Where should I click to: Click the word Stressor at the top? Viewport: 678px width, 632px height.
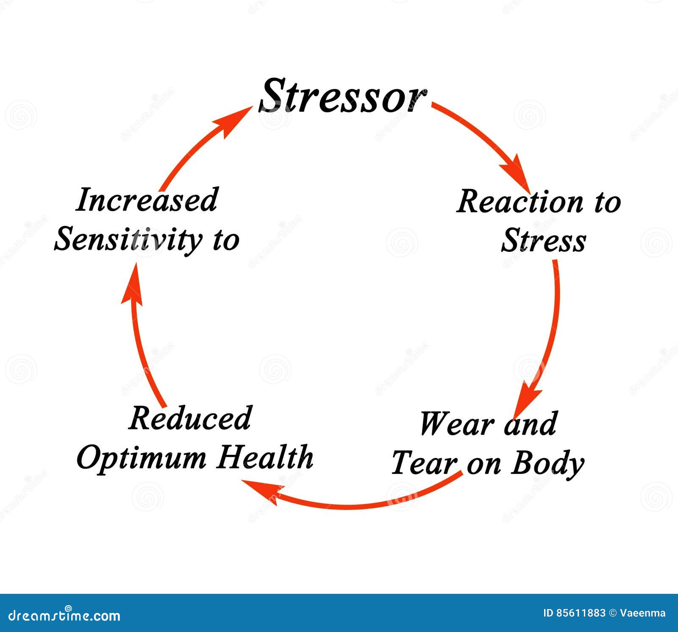342,96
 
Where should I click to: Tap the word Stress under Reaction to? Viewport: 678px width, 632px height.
544,240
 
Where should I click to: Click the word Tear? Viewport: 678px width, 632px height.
425,463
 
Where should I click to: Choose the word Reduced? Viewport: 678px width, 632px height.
190,418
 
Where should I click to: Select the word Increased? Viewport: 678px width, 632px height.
147,200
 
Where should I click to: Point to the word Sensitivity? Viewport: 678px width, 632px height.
128,239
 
